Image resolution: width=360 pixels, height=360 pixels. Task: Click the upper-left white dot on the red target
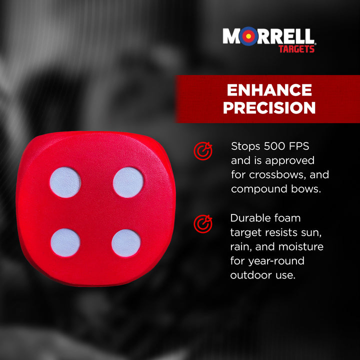(65, 182)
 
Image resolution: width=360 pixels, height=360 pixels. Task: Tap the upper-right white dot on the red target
(128, 182)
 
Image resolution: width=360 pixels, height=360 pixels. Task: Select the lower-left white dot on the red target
(65, 242)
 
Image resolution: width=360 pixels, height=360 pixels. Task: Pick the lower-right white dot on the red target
(126, 243)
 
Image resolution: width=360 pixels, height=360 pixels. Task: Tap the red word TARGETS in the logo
(296, 48)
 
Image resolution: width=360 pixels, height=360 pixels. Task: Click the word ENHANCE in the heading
(269, 90)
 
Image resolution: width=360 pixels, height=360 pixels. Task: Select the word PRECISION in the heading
(269, 107)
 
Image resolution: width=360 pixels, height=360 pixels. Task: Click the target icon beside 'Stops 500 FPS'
(203, 151)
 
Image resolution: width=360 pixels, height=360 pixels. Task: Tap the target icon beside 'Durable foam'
(203, 223)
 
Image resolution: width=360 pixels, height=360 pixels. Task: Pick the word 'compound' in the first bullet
(255, 189)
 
